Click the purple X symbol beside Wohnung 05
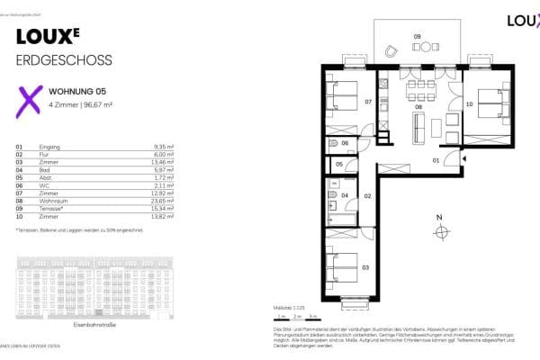click(x=31, y=100)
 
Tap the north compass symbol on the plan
click(x=440, y=232)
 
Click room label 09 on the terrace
click(x=417, y=36)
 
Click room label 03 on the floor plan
click(x=364, y=268)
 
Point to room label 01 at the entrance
click(x=436, y=160)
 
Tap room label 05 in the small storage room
click(x=339, y=165)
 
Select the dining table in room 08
click(x=418, y=89)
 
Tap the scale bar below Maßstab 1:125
click(x=294, y=317)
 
